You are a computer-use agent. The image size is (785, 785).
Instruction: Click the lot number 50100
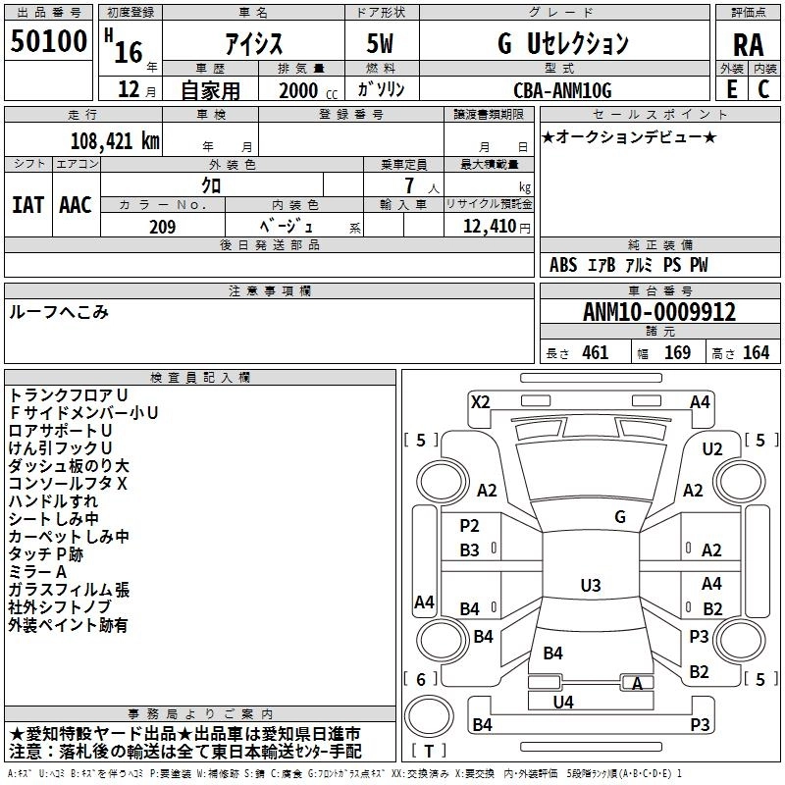(x=49, y=42)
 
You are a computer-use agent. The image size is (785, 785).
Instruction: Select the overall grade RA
(x=748, y=45)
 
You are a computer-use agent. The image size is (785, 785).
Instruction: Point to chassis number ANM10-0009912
(x=658, y=312)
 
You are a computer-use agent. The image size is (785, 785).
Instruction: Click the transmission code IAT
(x=27, y=204)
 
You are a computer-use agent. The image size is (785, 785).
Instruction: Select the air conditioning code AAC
(x=76, y=204)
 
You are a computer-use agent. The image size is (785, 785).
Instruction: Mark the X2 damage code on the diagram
(x=480, y=402)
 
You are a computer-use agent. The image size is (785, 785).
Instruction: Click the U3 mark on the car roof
(x=590, y=586)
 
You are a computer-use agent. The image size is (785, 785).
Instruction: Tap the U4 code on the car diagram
(x=562, y=701)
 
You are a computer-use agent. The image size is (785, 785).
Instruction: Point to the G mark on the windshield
(x=619, y=517)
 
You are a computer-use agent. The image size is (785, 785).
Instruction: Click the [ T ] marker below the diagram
(x=429, y=751)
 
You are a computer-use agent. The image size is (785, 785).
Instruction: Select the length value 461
(x=595, y=353)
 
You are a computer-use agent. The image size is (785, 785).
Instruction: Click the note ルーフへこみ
(x=59, y=311)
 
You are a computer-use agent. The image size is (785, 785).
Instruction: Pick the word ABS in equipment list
(x=563, y=265)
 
